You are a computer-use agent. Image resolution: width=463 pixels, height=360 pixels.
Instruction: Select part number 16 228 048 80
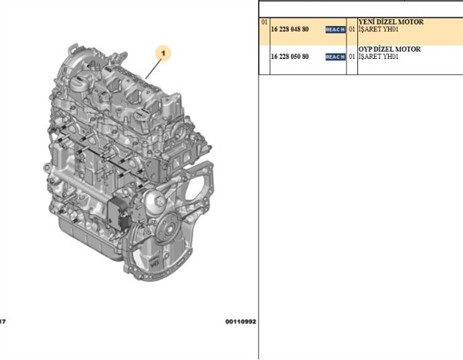290,30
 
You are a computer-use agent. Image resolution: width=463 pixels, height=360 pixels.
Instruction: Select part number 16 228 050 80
290,57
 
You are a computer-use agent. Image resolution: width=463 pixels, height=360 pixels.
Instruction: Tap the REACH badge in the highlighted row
335,30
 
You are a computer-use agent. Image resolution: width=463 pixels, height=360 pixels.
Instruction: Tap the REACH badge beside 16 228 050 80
335,57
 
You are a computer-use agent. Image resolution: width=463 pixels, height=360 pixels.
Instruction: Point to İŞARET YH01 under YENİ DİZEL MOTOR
378,30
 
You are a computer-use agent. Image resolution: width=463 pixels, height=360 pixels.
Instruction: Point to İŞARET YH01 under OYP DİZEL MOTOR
378,57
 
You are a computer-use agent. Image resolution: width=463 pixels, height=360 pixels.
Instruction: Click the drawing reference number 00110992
239,322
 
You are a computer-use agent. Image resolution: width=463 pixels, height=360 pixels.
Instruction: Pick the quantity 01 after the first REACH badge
352,30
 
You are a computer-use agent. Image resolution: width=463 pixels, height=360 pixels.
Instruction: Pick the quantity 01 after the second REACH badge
352,57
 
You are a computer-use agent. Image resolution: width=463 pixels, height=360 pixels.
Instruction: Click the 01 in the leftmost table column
265,22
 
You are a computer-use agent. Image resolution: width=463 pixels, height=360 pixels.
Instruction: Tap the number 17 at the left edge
3,322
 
